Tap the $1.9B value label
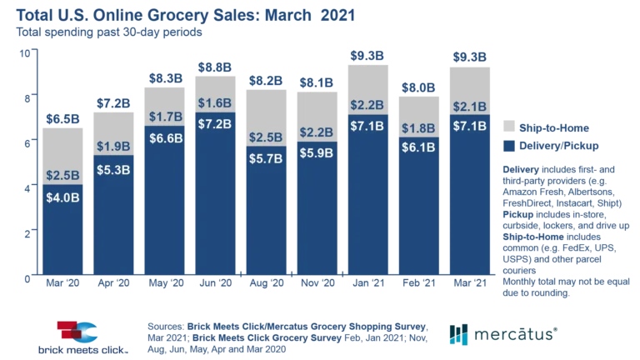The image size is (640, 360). (x=113, y=147)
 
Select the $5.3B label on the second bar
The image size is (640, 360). (x=113, y=169)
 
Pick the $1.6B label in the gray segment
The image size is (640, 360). (x=215, y=103)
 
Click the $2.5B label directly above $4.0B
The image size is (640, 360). (x=62, y=176)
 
